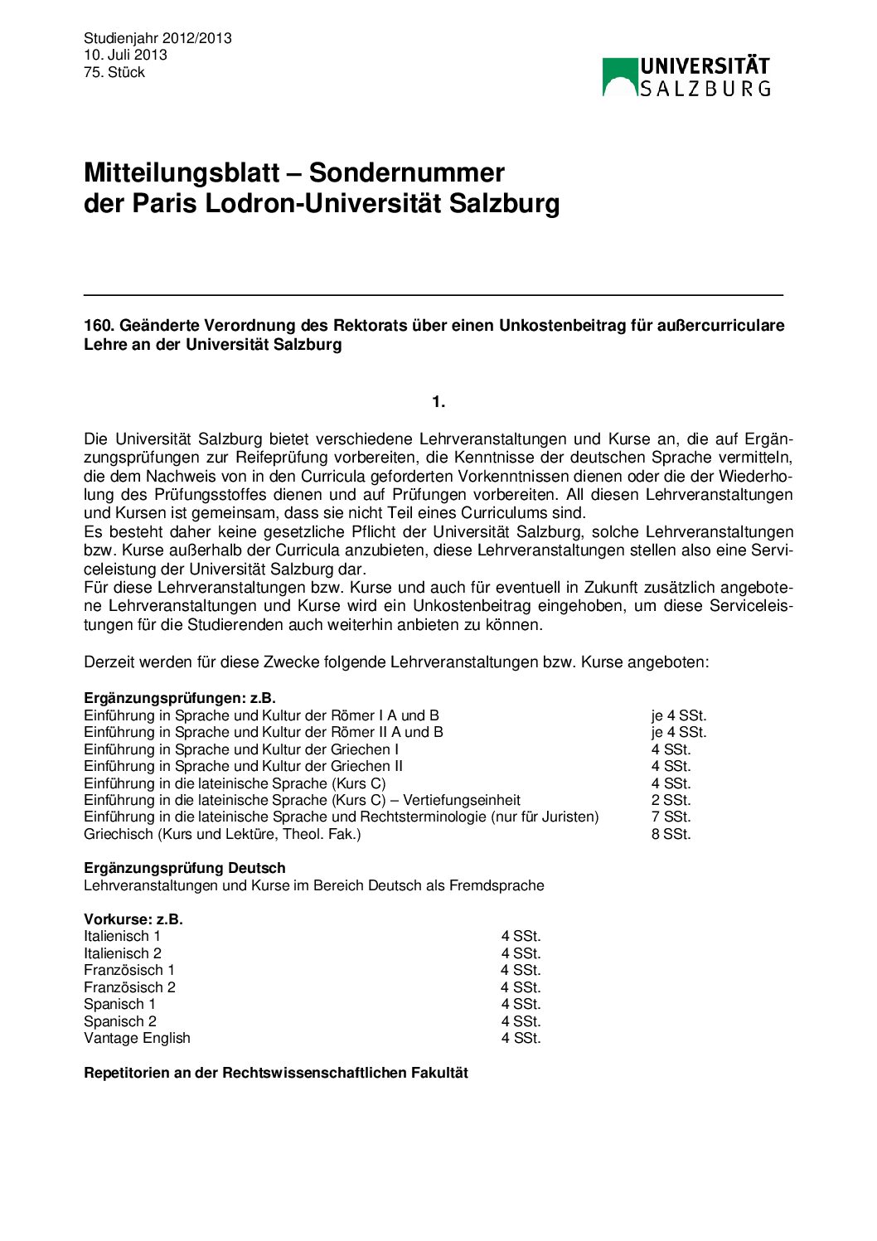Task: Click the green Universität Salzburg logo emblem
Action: coord(620,76)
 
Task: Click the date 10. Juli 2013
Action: coord(125,55)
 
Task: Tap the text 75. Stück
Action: coord(114,72)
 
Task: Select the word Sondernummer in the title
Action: coord(406,172)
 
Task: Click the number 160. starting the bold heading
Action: coord(98,326)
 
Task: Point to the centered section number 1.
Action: coord(438,402)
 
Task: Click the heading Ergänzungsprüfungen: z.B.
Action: coord(180,698)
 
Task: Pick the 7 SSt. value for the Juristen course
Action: coord(671,817)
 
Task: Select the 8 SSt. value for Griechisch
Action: coord(671,834)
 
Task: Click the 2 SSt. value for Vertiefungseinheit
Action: coord(671,800)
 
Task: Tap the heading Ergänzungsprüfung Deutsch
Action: coord(184,868)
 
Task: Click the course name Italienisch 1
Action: coord(123,936)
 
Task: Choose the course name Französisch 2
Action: coord(129,987)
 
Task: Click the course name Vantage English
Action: coord(137,1038)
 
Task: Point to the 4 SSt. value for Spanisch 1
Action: coord(521,1004)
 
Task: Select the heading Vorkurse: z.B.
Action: coord(133,919)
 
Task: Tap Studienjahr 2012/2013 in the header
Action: coord(157,38)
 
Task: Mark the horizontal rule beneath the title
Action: coord(433,294)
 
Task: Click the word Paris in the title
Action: coord(164,203)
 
